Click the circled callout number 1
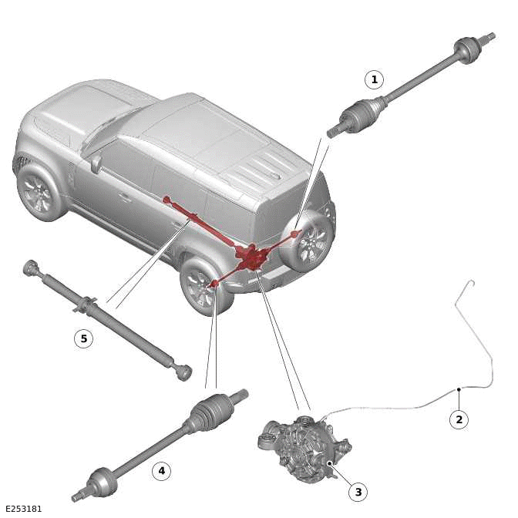[375, 79]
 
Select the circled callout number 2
[459, 419]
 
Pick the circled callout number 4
[161, 471]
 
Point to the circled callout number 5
[83, 338]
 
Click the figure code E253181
[23, 509]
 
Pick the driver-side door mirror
[96, 164]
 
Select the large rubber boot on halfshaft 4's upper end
[209, 409]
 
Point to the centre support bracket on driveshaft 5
[87, 304]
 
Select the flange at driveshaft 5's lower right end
[183, 372]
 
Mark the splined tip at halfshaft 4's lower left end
[76, 497]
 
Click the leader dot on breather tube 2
[459, 389]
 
